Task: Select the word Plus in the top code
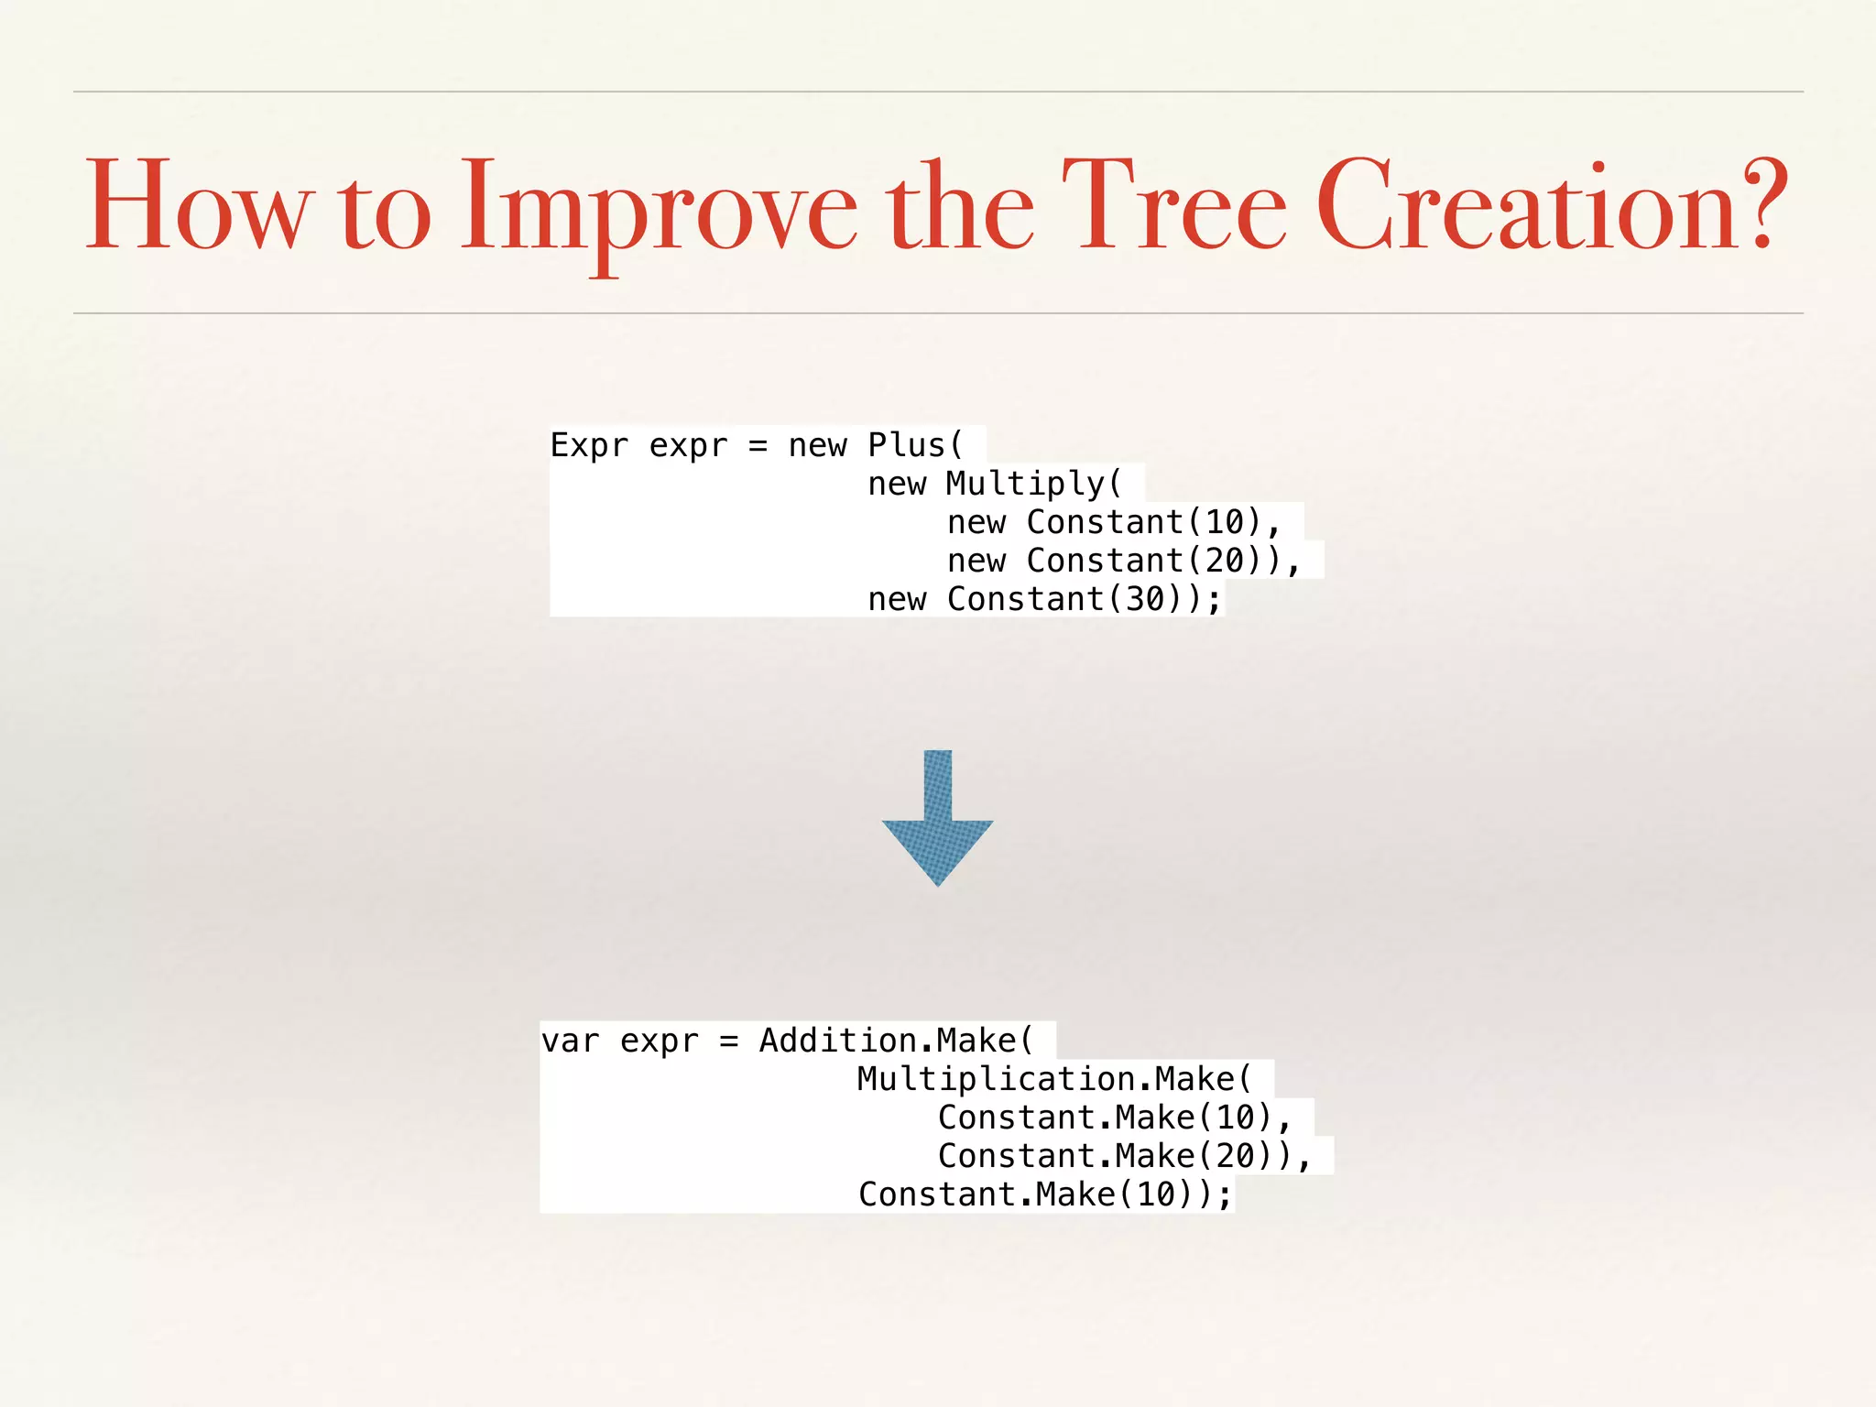tap(906, 445)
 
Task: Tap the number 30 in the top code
tap(1145, 599)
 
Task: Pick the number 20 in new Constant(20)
tap(1225, 561)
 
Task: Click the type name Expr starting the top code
tap(589, 445)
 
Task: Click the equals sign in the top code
tap(758, 446)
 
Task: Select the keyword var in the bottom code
tap(570, 1042)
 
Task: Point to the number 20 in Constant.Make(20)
tap(1236, 1156)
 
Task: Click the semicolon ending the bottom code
tap(1225, 1196)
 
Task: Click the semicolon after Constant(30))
tap(1215, 601)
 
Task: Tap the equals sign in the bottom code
tap(728, 1042)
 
